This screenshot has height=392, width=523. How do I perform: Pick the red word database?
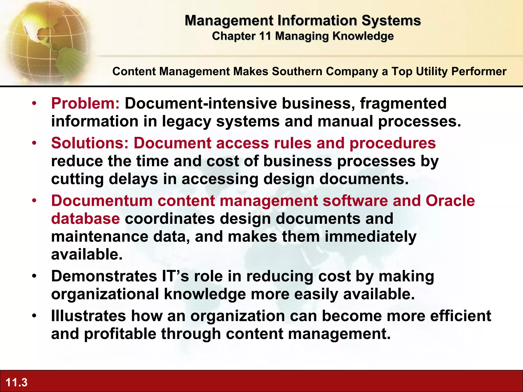point(85,219)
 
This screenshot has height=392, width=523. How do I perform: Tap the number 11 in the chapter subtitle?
point(265,36)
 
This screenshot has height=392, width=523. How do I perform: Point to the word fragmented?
point(403,103)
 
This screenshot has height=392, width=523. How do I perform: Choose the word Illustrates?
point(89,316)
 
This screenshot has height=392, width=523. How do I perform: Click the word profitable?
point(120,334)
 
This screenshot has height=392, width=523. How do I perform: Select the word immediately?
point(371,237)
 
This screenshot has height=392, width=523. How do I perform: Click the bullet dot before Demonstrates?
point(34,276)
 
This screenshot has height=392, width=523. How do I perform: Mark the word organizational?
point(105,294)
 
